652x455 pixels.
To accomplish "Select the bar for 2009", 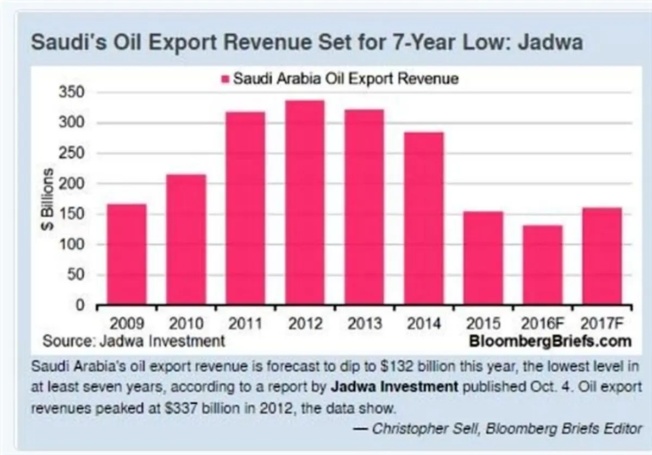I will pos(127,254).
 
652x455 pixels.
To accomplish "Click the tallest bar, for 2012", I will pos(305,202).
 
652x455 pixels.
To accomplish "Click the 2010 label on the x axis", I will pos(186,324).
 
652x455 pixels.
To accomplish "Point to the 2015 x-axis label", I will pos(483,324).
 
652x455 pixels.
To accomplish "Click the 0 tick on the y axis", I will pos(80,305).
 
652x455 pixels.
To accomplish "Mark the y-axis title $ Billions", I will pos(48,199).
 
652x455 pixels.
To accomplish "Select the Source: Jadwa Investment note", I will pos(134,341).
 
